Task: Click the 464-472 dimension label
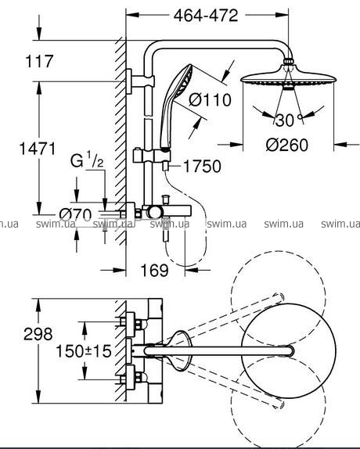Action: click(206, 16)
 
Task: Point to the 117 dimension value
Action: click(40, 61)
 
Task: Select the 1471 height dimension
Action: click(38, 149)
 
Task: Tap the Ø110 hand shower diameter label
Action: click(210, 100)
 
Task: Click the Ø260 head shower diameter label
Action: click(287, 145)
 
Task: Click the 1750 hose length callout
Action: click(202, 167)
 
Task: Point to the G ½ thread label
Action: click(87, 160)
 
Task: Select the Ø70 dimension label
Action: click(75, 215)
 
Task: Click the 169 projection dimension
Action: click(155, 270)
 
